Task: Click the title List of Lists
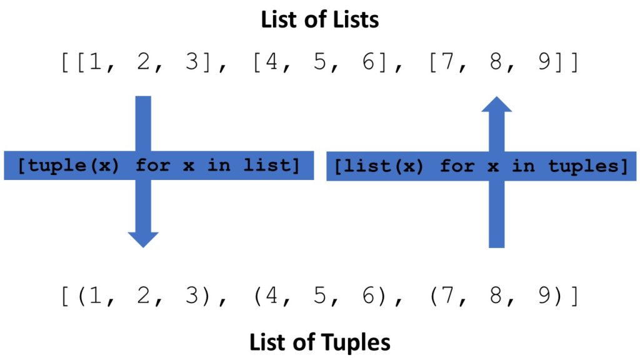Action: [320, 19]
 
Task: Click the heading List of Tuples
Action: [320, 342]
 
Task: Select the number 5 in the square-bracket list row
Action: [320, 63]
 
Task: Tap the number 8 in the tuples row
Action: [496, 294]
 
